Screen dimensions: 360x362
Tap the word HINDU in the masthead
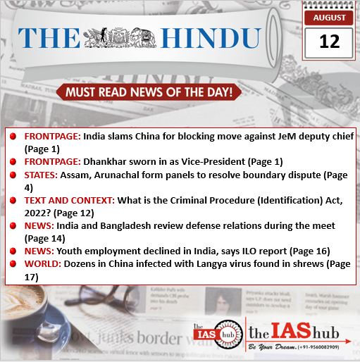[210, 38]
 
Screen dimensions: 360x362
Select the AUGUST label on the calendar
[329, 17]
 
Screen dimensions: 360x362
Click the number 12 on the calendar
[329, 42]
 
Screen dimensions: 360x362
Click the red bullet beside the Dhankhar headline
[14, 162]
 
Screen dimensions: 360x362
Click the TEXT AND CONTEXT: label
[69, 201]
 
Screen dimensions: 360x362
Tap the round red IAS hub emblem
[221, 333]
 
